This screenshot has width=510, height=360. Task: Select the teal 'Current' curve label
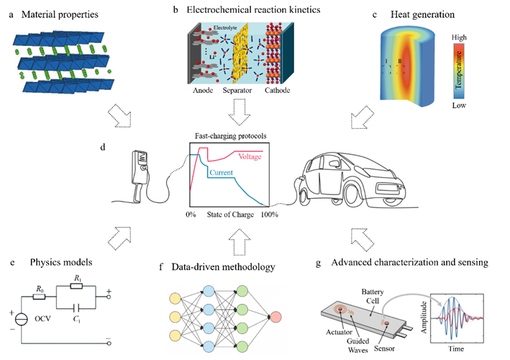point(222,173)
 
